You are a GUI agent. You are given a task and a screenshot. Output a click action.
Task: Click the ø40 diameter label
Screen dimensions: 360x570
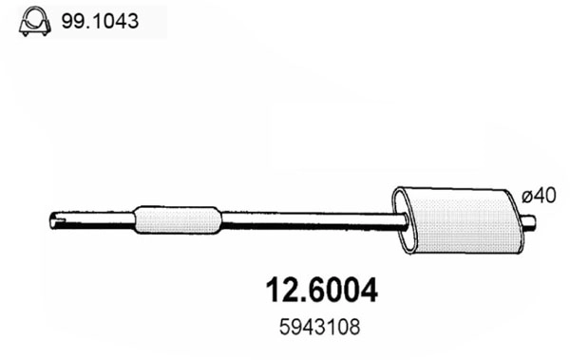pyautogui.click(x=537, y=197)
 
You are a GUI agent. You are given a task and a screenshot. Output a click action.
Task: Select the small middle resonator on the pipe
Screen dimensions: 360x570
pyautogui.click(x=179, y=219)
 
